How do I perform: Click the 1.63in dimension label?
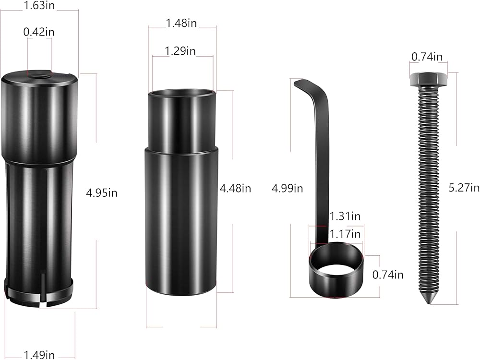click(x=39, y=5)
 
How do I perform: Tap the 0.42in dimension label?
click(x=39, y=32)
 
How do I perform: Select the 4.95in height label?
click(x=102, y=193)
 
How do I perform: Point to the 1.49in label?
click(x=39, y=355)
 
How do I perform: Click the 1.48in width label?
click(x=181, y=23)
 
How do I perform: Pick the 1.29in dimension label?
click(x=180, y=51)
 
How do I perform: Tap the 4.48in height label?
click(x=235, y=188)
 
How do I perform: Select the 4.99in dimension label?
click(x=287, y=188)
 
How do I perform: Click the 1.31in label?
click(x=345, y=216)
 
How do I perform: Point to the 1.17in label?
click(x=345, y=234)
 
